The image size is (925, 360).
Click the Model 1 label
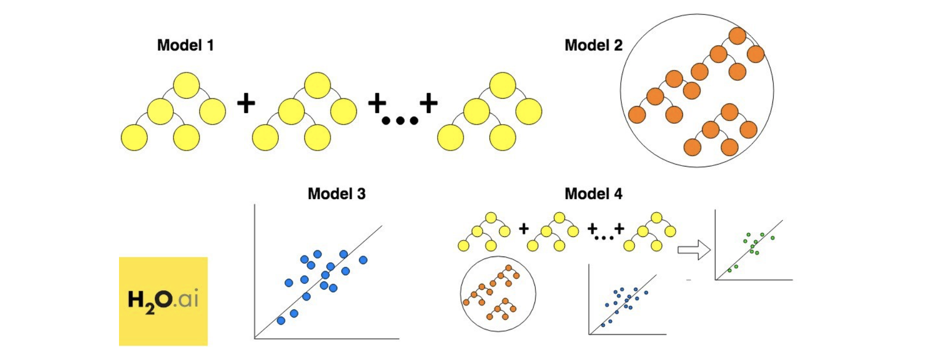click(185, 46)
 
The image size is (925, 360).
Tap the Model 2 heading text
click(593, 46)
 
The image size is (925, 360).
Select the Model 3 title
click(336, 194)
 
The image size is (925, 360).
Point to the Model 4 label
click(593, 194)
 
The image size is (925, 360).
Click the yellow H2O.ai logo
click(163, 301)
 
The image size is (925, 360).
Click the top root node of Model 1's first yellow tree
click(186, 85)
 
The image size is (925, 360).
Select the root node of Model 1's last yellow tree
click(502, 85)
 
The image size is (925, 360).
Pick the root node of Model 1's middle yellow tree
click(318, 85)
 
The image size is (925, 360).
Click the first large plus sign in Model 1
click(246, 103)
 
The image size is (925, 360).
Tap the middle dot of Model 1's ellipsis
click(400, 121)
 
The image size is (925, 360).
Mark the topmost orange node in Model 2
click(737, 36)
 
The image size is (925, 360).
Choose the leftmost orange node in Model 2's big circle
click(637, 114)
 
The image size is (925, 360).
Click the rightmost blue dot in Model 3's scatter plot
click(363, 260)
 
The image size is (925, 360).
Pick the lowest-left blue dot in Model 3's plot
click(281, 321)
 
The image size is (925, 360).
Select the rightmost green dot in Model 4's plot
click(772, 238)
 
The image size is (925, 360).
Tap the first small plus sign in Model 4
click(524, 228)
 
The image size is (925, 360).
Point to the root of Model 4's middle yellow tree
click(559, 217)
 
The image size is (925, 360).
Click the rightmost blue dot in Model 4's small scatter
click(646, 293)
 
